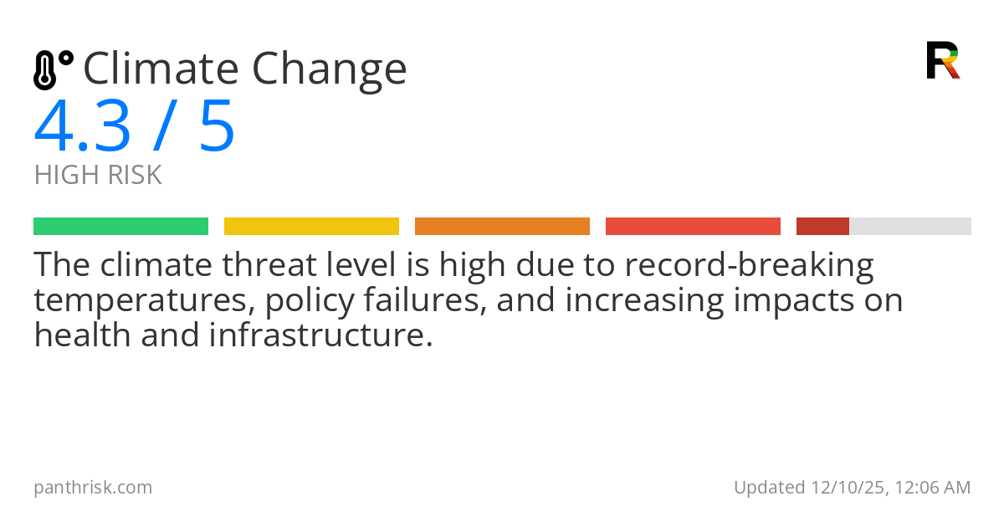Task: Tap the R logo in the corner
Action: (943, 60)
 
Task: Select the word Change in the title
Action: (330, 69)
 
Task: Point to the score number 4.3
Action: (83, 126)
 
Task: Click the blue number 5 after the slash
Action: (217, 126)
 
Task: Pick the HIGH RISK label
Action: (98, 176)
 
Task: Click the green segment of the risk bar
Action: (120, 227)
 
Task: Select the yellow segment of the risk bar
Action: (311, 227)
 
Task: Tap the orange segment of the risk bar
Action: (502, 227)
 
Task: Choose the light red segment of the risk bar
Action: (693, 227)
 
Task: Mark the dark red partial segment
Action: (822, 227)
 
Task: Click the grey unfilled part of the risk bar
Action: (910, 227)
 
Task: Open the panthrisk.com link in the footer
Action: (93, 488)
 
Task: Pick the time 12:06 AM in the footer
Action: (931, 488)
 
